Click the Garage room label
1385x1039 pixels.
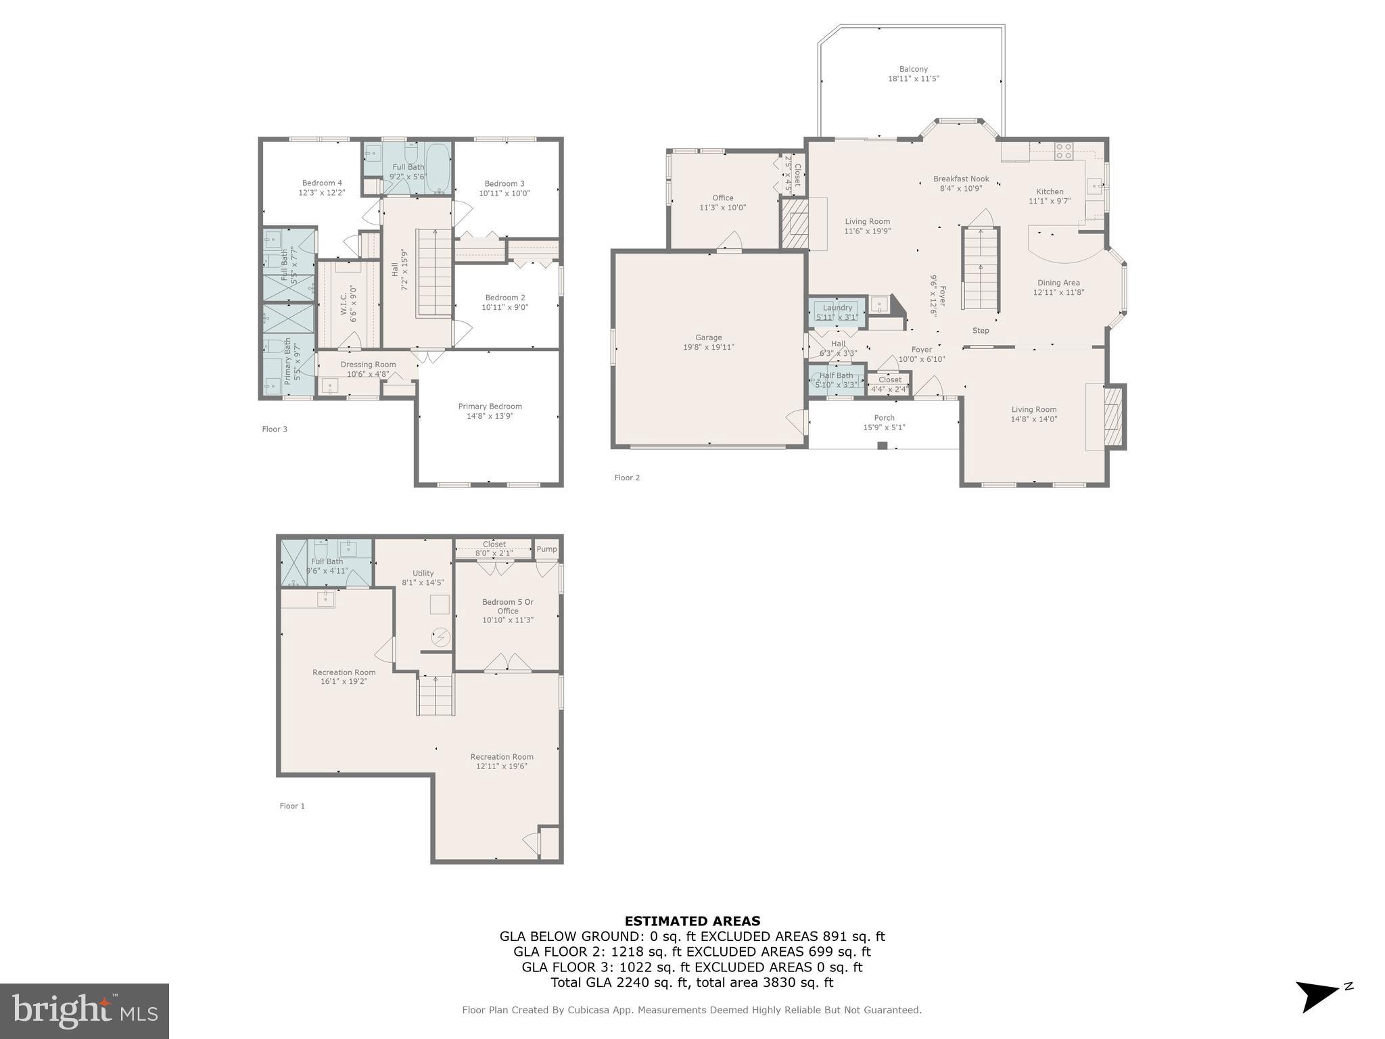coord(708,338)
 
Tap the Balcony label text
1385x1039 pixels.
coord(913,69)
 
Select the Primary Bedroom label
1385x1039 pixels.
coord(490,407)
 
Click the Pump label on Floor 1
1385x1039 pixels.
coord(546,549)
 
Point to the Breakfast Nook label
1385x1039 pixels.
coord(960,179)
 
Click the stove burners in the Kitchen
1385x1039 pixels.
coord(1063,151)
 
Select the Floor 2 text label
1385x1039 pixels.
coord(626,478)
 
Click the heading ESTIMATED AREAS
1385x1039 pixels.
coord(692,921)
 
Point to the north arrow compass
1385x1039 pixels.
coord(1319,996)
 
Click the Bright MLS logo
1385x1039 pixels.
coord(85,1011)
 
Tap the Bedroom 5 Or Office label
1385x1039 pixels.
coord(507,606)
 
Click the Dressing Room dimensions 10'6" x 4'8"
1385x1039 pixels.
coord(368,374)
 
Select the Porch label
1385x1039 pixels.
coord(883,418)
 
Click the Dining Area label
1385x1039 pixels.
coord(1058,283)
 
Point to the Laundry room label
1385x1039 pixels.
coord(837,308)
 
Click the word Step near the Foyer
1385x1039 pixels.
coord(980,331)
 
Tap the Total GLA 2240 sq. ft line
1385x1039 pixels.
coord(692,983)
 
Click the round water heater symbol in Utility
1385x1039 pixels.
coord(440,637)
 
